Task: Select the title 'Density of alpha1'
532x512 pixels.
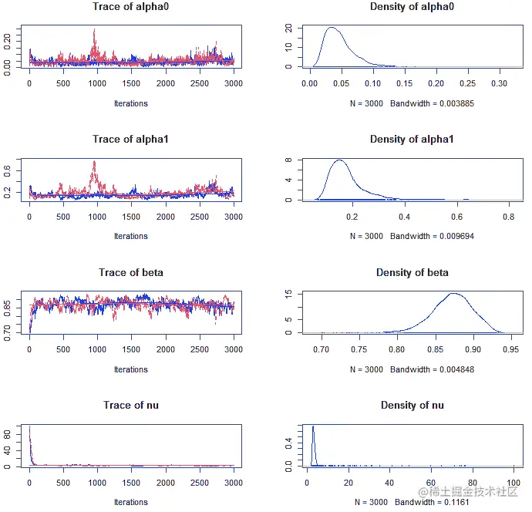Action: pos(412,140)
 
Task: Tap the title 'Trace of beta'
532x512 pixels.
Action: pos(130,273)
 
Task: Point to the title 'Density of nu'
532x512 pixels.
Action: pos(412,406)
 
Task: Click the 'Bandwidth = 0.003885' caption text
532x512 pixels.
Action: pos(426,103)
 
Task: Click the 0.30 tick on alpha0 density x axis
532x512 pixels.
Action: pos(500,82)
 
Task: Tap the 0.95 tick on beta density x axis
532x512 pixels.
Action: pos(509,349)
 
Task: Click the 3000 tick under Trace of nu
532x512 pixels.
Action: pos(233,482)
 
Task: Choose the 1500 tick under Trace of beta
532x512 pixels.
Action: pos(131,349)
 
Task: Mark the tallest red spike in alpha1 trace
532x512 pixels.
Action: pos(94,162)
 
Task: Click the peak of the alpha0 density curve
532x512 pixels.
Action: pos(332,29)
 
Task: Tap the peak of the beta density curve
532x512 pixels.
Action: pos(453,293)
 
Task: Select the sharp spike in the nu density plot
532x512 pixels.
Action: pos(313,426)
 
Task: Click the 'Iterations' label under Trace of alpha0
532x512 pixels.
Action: pos(130,103)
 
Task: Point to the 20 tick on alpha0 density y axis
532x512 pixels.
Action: pos(287,28)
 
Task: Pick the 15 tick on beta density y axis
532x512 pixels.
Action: pos(287,294)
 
